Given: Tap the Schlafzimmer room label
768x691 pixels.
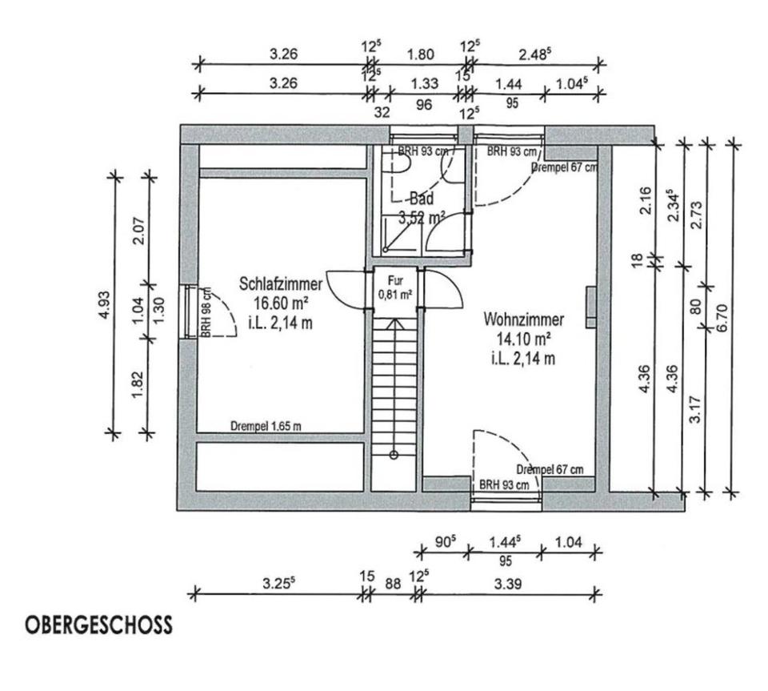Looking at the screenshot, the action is click(281, 284).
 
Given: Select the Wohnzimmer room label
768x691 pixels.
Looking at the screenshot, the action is click(523, 320).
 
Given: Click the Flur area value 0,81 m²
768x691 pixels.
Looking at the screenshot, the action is click(394, 295).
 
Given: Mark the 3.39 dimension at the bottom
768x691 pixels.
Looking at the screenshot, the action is click(508, 585).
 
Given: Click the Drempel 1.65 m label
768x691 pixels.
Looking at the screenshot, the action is click(266, 427).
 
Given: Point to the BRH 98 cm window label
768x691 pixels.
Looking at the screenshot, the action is click(205, 314).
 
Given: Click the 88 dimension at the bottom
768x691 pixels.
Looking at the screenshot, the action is click(393, 585).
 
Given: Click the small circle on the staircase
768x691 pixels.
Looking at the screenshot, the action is click(394, 455).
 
